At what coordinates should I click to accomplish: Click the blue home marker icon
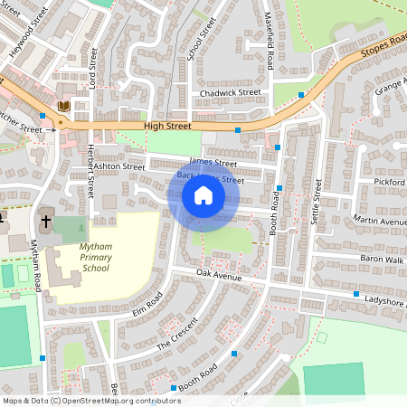click(203, 195)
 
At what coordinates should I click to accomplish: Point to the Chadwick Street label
click(231, 92)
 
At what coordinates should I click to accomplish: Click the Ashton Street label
click(118, 166)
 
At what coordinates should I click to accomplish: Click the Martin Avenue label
click(381, 221)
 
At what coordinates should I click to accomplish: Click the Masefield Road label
click(269, 48)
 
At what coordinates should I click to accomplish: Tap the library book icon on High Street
click(63, 107)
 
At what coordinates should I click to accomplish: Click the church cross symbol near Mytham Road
click(45, 220)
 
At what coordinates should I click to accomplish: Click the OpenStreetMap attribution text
click(90, 401)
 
